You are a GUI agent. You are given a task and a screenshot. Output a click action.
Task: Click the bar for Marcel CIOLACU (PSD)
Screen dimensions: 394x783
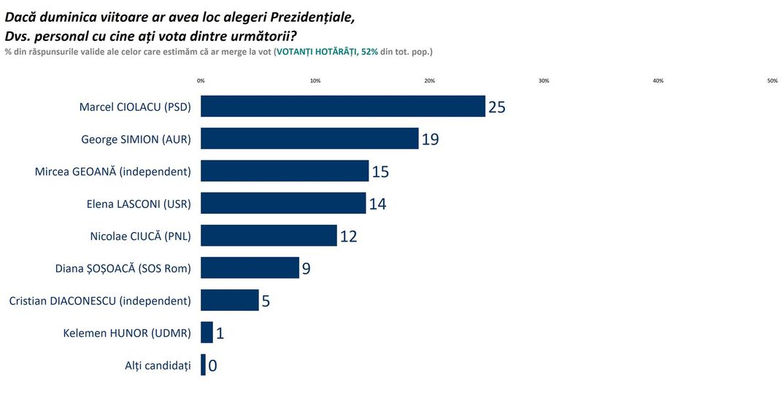tap(342, 107)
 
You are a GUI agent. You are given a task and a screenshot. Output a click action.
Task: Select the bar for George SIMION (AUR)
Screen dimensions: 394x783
tap(309, 139)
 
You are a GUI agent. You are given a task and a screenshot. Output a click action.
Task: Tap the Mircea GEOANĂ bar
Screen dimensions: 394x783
tap(285, 171)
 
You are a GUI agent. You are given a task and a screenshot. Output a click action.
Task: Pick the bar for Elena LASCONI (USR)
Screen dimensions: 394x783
tap(283, 204)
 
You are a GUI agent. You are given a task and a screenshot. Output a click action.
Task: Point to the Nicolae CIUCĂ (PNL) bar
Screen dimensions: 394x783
tap(269, 236)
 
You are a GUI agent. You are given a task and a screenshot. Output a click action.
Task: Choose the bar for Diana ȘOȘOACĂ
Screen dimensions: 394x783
tap(250, 268)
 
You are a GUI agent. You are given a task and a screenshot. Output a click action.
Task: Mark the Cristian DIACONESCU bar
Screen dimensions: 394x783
tap(229, 300)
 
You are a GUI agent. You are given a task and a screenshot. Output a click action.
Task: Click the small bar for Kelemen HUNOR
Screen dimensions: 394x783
tap(207, 333)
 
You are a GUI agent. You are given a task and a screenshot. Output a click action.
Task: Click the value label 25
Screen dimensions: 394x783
tap(497, 107)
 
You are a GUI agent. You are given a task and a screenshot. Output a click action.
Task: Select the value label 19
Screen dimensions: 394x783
tap(430, 139)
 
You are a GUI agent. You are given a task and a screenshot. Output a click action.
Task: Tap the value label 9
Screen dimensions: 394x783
tap(306, 269)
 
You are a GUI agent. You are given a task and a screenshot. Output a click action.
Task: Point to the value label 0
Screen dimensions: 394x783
tap(212, 366)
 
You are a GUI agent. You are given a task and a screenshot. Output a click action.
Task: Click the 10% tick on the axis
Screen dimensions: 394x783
tap(315, 81)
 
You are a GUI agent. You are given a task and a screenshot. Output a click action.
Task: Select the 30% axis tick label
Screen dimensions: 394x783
tap(544, 81)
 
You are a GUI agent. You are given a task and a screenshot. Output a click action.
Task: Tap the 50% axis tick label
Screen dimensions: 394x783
tap(772, 81)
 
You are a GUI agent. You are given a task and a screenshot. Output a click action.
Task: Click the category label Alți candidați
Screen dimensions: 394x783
tap(158, 365)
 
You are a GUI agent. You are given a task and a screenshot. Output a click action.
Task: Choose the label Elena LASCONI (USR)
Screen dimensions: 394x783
tap(139, 204)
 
